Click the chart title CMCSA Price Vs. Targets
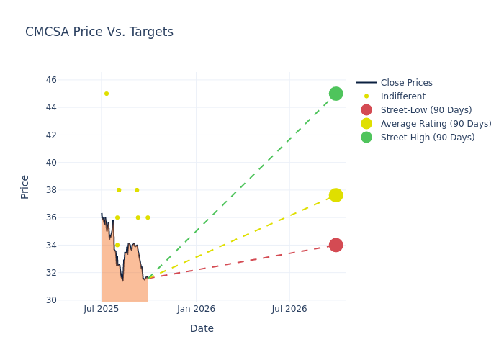click(x=99, y=32)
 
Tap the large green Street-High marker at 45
click(x=336, y=94)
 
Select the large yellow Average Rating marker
click(x=336, y=195)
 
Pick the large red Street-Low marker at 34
click(x=336, y=245)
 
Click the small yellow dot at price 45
click(x=107, y=94)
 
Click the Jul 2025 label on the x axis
click(x=102, y=309)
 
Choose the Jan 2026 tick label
click(x=196, y=309)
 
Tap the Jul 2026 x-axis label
click(x=289, y=309)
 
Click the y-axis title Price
click(x=25, y=186)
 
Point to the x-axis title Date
click(x=202, y=329)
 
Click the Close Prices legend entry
click(x=406, y=83)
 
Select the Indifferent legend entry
click(x=402, y=96)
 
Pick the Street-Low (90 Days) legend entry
click(x=426, y=110)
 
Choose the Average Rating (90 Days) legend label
click(x=436, y=124)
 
